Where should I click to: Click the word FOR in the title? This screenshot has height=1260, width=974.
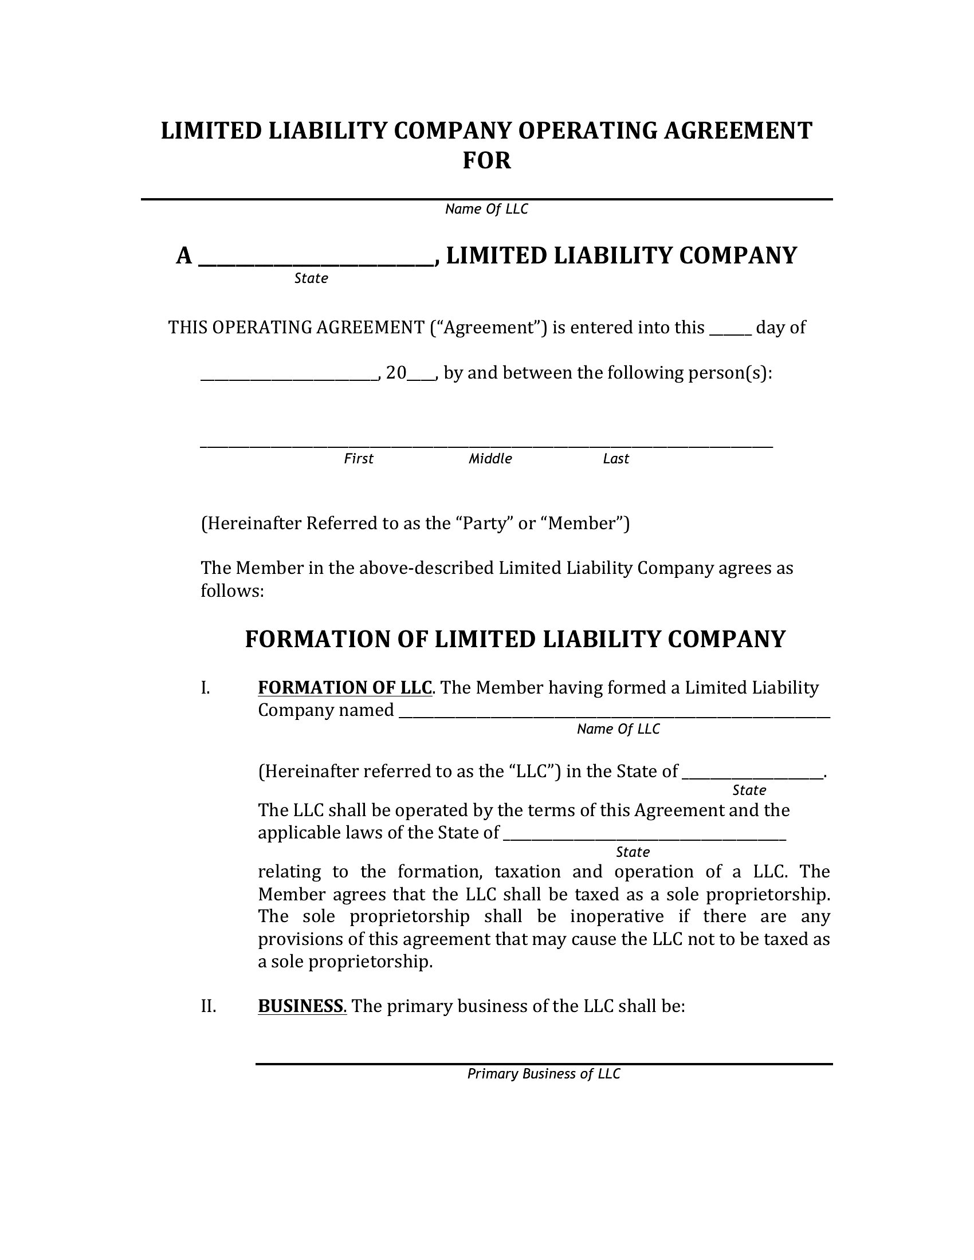click(x=486, y=160)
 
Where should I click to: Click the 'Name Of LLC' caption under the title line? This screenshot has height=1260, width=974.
click(x=486, y=209)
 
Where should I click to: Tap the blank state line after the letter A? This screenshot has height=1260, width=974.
click(x=316, y=261)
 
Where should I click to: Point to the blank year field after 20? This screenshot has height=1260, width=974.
click(x=421, y=376)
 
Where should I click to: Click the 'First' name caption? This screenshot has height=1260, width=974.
click(x=358, y=459)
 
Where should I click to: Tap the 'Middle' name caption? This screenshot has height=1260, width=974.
click(x=490, y=459)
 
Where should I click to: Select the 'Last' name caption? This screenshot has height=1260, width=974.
click(x=616, y=459)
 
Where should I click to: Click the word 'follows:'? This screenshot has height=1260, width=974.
click(x=232, y=591)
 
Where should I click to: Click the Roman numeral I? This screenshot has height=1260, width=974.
click(x=205, y=688)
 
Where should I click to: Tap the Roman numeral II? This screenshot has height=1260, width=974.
click(x=209, y=1006)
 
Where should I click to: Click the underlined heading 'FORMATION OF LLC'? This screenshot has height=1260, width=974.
click(x=344, y=688)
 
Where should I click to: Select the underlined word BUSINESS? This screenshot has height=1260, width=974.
click(x=301, y=1006)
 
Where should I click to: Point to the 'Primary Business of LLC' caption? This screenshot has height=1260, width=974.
click(x=544, y=1074)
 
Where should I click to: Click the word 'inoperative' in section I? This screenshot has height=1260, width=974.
click(x=617, y=916)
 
